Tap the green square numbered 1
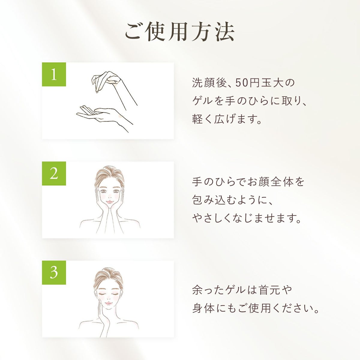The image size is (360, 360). (54, 74)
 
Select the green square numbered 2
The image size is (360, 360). (54, 173)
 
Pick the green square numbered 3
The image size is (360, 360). (54, 272)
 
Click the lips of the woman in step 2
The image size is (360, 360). (109, 202)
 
